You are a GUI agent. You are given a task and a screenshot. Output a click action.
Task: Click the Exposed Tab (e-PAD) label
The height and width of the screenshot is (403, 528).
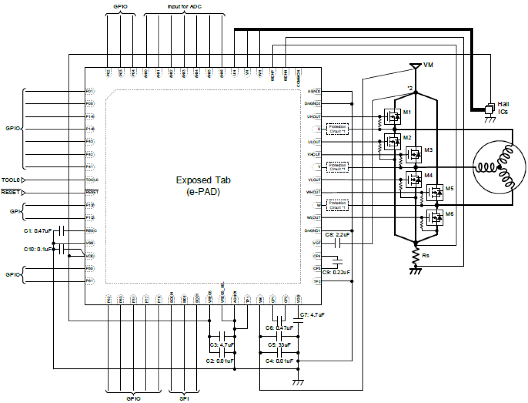pos(203,186)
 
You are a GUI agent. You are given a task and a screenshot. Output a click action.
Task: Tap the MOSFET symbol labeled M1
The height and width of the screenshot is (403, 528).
pos(392,117)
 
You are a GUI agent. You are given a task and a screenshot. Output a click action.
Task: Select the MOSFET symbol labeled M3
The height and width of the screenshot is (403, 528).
pos(414,154)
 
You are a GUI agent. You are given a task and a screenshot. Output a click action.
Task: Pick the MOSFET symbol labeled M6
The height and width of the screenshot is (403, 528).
pos(435,218)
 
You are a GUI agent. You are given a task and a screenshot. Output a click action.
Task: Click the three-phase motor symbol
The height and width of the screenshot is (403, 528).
pos(499,167)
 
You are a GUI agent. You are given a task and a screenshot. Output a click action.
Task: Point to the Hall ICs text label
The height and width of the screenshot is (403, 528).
pos(503,108)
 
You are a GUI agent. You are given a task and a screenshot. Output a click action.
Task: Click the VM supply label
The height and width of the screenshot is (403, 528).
pos(428,65)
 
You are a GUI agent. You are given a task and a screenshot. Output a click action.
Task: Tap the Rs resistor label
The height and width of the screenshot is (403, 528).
pos(425,255)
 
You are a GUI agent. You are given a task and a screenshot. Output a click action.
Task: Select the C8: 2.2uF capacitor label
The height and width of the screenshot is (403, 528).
pos(337,235)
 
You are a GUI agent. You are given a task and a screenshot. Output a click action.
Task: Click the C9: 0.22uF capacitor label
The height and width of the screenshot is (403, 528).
pos(336,272)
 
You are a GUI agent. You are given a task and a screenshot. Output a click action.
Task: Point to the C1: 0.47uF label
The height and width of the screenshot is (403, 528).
pos(37,231)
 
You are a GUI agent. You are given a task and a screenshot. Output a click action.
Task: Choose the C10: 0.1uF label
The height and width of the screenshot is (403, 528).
pos(37,249)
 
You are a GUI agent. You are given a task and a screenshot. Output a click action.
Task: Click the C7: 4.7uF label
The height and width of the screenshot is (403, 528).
pos(312,315)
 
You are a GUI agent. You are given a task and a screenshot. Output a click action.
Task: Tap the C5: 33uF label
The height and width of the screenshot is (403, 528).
pos(279,345)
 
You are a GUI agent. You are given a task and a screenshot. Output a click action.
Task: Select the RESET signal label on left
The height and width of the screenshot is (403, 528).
pos(11,192)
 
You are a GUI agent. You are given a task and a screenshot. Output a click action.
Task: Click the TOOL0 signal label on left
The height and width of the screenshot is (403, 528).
pos(11,180)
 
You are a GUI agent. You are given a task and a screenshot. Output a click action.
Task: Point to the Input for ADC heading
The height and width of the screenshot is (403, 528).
pos(184,7)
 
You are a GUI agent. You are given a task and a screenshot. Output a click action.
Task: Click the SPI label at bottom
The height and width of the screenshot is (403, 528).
pos(184,398)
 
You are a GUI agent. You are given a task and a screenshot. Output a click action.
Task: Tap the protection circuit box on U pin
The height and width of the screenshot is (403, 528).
pos(338,129)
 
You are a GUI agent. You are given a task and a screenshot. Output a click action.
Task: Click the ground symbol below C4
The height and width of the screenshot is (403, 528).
pos(298,382)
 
